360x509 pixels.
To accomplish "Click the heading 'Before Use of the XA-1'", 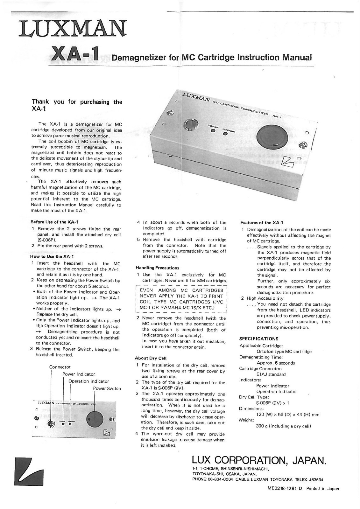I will [x=54, y=222].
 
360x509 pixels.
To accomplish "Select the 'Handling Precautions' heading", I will [x=157, y=268].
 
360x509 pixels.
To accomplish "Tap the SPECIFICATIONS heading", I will [x=259, y=339].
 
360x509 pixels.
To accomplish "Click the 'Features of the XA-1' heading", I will [x=262, y=223].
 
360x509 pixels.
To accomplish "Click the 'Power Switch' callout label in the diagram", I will [x=107, y=388].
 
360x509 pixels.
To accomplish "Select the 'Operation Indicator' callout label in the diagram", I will [x=89, y=381].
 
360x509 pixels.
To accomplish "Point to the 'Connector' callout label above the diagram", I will [x=60, y=367].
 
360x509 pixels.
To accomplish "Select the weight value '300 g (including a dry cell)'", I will [x=283, y=426].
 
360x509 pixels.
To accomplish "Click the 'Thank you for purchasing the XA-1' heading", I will [x=77, y=105].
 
